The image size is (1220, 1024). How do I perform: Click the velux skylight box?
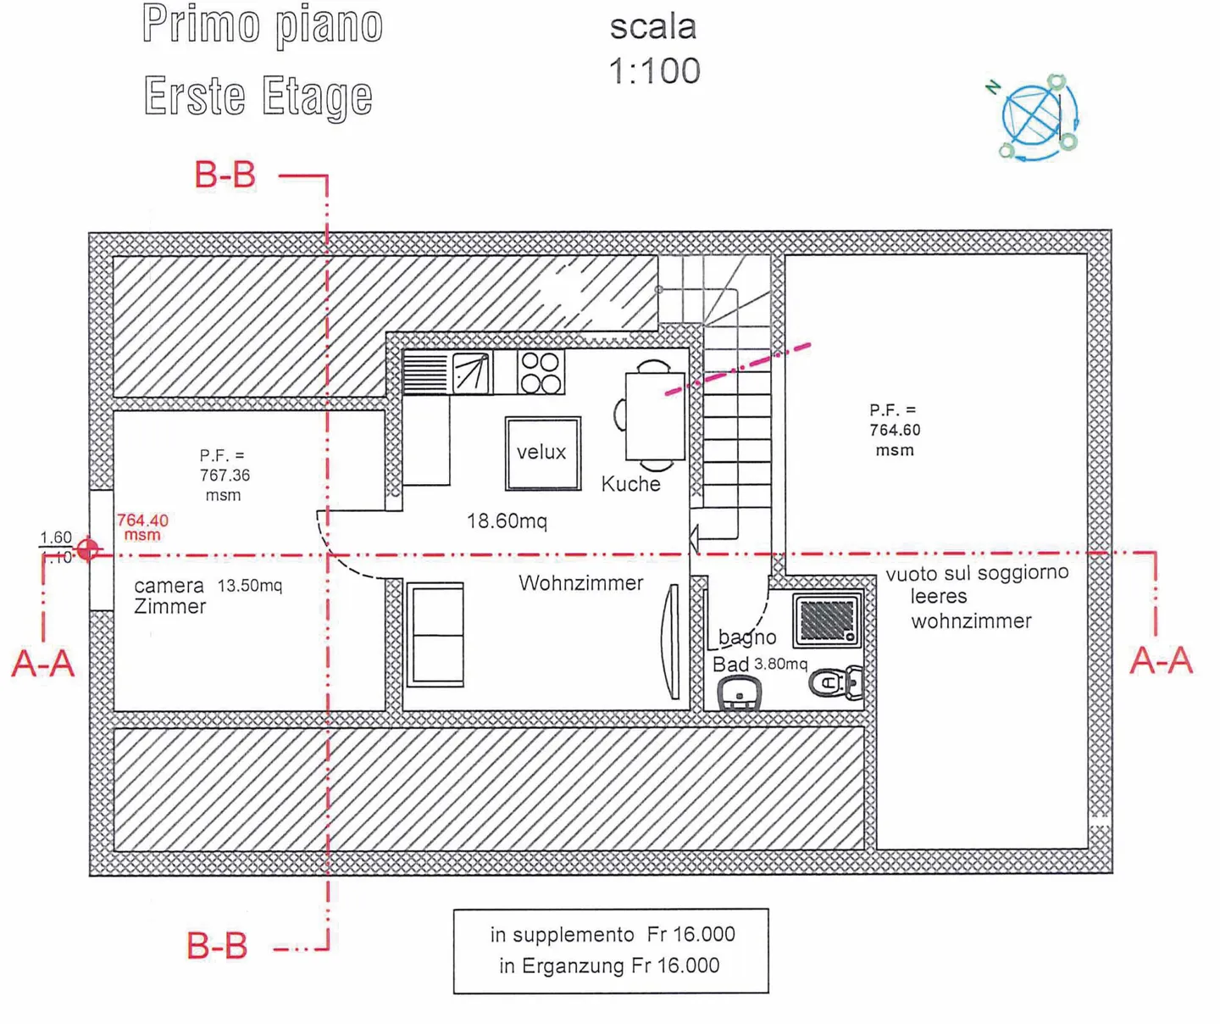click(542, 453)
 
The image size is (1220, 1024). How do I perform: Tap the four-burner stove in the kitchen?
click(541, 372)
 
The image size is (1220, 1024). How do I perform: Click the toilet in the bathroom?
click(835, 682)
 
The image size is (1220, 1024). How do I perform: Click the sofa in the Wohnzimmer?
click(435, 633)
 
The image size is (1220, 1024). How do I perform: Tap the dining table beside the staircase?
click(654, 416)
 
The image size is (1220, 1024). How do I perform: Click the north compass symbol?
click(1035, 117)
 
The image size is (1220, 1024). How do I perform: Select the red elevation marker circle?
click(87, 549)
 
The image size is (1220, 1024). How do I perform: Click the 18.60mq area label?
click(507, 521)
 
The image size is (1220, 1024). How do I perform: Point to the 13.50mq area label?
click(250, 586)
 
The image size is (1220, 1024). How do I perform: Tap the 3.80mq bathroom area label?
click(780, 665)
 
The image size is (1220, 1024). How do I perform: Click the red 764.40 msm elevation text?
click(142, 526)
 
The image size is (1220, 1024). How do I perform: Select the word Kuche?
click(630, 484)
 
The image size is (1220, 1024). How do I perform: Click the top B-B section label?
click(225, 175)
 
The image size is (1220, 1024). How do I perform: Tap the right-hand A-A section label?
click(1161, 660)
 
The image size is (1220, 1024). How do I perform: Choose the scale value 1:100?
click(654, 71)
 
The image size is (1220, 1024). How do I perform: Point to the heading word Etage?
click(317, 97)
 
